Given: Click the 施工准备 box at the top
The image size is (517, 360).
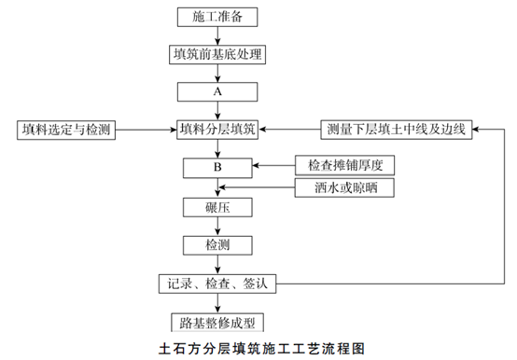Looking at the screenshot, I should pos(217,16).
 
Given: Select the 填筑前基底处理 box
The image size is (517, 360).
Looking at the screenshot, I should pos(217,54).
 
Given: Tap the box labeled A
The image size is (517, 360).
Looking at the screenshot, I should pos(217,92).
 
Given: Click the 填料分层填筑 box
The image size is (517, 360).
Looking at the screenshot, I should pos(217,129).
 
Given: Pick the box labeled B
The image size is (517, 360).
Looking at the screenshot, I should pos(217,168).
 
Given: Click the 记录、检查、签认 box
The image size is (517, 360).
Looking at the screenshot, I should pos(217,283).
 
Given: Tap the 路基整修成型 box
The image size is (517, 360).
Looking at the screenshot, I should pos(217,322).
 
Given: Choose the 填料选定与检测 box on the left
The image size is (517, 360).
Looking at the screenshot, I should pos(64,129).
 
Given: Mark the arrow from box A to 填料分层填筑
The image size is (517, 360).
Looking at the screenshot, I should pos(217,110).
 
